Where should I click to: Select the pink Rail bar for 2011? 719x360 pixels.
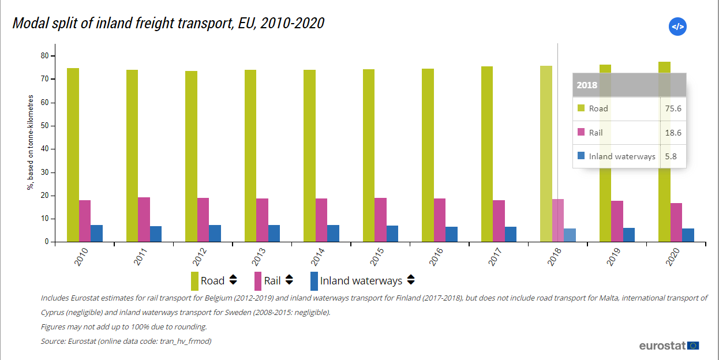[144, 220]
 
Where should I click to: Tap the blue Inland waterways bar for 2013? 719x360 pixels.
[274, 234]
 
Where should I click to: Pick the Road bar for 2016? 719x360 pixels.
[428, 155]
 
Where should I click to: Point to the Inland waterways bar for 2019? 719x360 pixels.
[629, 235]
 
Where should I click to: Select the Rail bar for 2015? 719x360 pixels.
[380, 220]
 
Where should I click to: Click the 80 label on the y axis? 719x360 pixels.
[44, 56]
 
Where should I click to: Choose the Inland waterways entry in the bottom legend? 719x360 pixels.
[361, 281]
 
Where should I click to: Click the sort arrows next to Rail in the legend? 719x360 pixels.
[289, 280]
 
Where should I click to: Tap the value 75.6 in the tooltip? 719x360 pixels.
[673, 108]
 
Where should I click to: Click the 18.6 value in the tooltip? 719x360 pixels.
[673, 133]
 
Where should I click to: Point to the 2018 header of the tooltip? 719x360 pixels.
[587, 85]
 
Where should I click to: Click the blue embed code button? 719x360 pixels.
[677, 27]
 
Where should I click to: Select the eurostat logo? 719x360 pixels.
[669, 346]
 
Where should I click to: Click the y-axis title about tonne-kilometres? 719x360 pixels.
[30, 142]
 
